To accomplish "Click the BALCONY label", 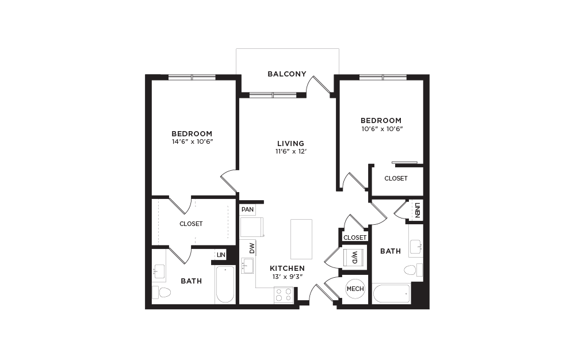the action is [286, 74].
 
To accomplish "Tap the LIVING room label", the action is [290, 143].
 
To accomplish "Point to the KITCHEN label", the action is [287, 269].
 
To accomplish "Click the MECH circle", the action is [355, 289].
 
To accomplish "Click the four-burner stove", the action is [284, 295].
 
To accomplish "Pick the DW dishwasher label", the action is [252, 248].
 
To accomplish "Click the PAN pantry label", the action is [247, 209].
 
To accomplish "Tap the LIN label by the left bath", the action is [220, 254].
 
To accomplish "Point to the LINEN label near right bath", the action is [418, 210].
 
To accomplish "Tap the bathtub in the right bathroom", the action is [391, 294].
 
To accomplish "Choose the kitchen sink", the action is [247, 266].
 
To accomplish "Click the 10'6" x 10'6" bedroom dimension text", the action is [381, 129].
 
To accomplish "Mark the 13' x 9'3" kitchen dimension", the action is [287, 277].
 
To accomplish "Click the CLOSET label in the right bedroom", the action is [396, 178].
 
